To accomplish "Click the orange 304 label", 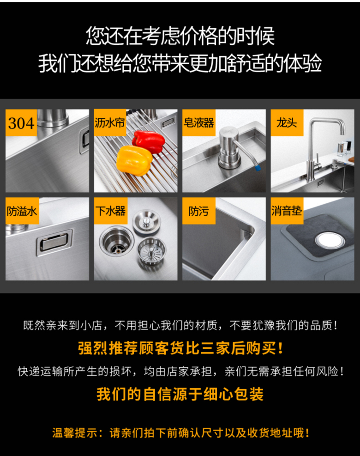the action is pyautogui.click(x=21, y=123).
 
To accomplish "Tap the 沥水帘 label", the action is pyautogui.click(x=110, y=122).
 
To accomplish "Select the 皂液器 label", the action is pyautogui.click(x=199, y=123).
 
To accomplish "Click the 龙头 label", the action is pyautogui.click(x=287, y=123).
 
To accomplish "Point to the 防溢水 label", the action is pyautogui.click(x=22, y=211).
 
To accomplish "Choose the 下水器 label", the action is pyautogui.click(x=110, y=211).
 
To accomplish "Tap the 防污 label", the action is pyautogui.click(x=199, y=211).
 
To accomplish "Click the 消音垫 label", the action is pyautogui.click(x=287, y=211).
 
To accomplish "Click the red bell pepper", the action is pyautogui.click(x=149, y=142).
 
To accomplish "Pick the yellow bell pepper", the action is pyautogui.click(x=134, y=160).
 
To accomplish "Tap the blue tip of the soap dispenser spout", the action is pyautogui.click(x=258, y=168).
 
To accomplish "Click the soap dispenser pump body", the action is pyautogui.click(x=228, y=148).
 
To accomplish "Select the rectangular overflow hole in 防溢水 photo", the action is pyautogui.click(x=54, y=243).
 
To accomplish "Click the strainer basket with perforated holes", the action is pyautogui.click(x=151, y=250).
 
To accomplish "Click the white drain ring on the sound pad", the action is pyautogui.click(x=330, y=240).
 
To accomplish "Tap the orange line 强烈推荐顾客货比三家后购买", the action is pyautogui.click(x=180, y=348).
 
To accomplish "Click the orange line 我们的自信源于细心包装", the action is pyautogui.click(x=180, y=395).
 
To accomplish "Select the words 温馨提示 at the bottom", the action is pyautogui.click(x=75, y=433).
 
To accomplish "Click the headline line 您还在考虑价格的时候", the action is pyautogui.click(x=180, y=36).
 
